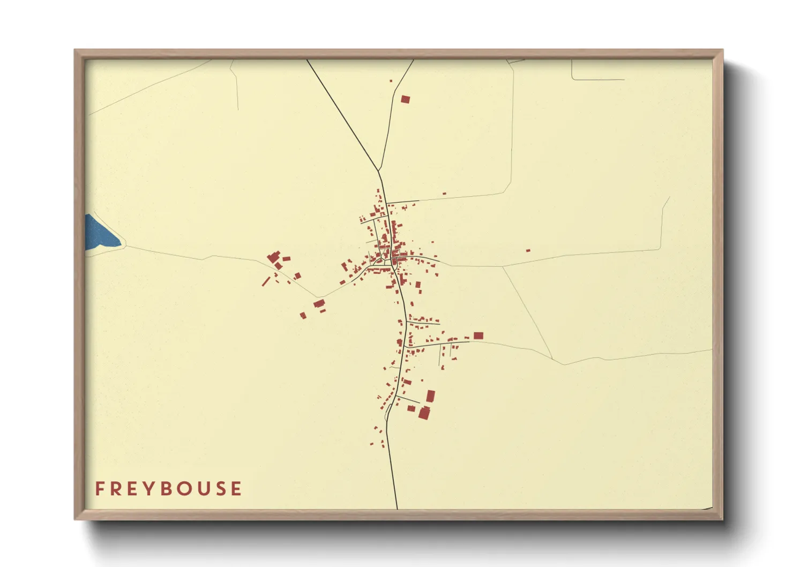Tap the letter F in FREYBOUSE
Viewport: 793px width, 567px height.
click(x=100, y=489)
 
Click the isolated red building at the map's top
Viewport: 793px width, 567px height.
click(x=405, y=99)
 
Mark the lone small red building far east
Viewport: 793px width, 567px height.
click(x=528, y=250)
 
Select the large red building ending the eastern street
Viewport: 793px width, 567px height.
click(x=478, y=335)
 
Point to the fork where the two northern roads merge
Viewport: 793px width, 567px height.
click(x=378, y=171)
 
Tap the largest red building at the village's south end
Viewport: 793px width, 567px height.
click(x=424, y=413)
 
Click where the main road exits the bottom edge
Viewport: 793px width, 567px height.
click(x=397, y=508)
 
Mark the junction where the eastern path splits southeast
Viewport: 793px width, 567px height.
click(x=503, y=266)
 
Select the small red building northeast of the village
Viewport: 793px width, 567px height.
click(x=444, y=193)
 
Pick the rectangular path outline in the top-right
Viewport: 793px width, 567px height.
click(x=597, y=70)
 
